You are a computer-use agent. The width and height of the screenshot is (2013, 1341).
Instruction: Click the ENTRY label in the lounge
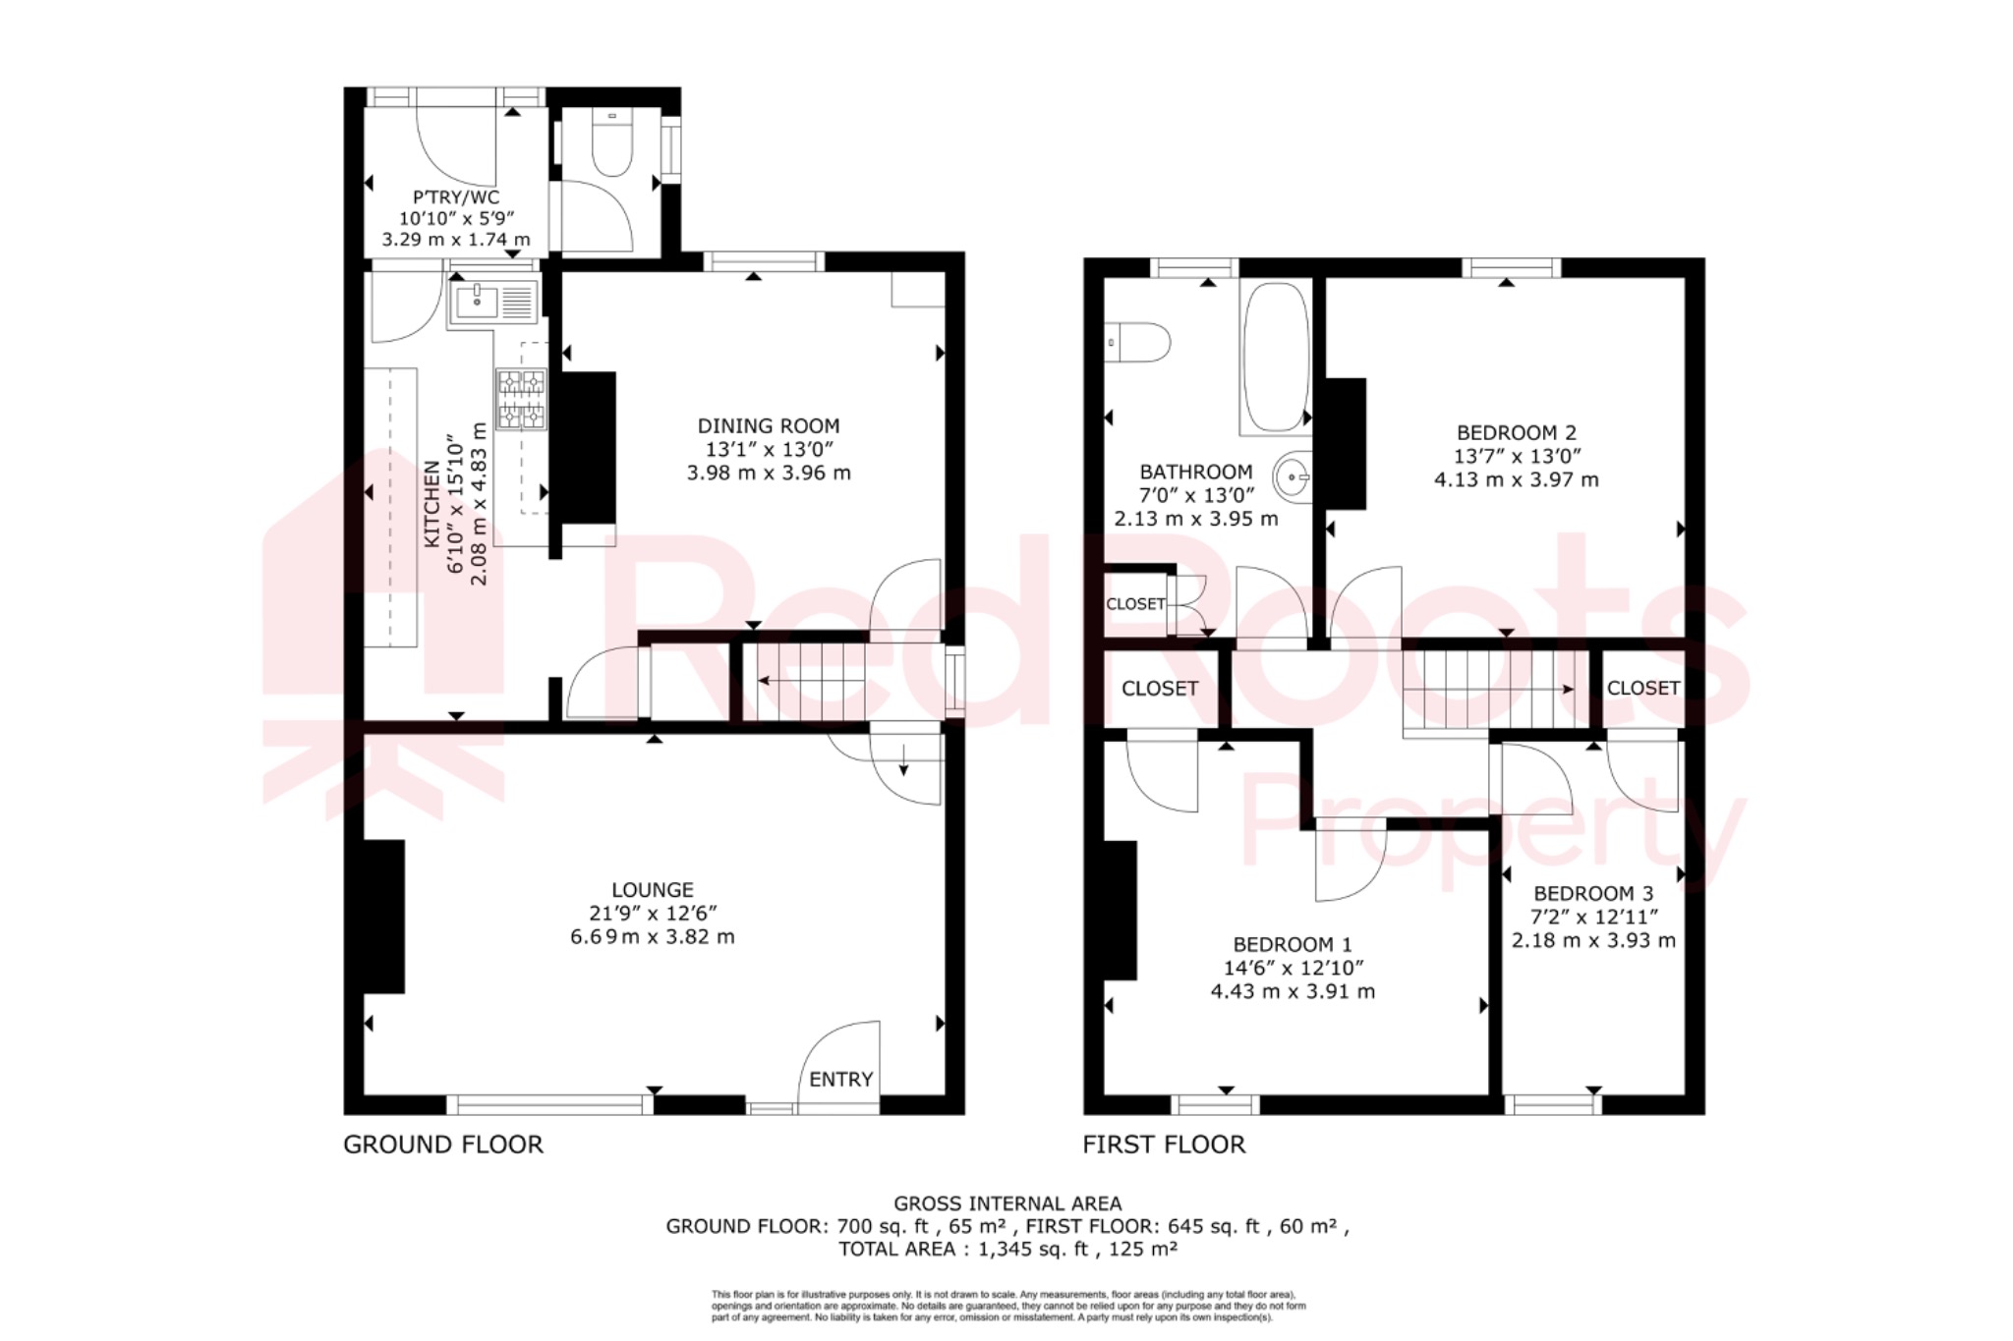(840, 1080)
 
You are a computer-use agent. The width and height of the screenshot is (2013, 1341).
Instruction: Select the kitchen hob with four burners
(521, 399)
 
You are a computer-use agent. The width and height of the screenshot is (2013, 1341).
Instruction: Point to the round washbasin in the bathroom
(1293, 478)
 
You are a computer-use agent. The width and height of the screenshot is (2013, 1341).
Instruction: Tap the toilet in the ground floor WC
(611, 147)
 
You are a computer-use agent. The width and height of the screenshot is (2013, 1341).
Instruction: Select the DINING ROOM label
(769, 426)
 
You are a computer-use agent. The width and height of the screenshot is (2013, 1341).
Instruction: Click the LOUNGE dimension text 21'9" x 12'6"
(653, 913)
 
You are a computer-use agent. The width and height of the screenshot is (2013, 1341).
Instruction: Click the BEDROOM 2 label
(1516, 432)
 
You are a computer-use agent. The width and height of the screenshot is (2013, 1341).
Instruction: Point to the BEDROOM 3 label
(1593, 894)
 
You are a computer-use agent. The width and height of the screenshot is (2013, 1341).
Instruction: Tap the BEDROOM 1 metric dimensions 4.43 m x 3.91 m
(1293, 992)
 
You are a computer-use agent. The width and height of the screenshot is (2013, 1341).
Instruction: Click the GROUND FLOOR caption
(443, 1145)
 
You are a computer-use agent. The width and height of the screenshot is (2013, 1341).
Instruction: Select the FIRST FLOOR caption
(1164, 1145)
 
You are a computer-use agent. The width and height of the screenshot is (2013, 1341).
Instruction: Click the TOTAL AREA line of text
(1007, 1250)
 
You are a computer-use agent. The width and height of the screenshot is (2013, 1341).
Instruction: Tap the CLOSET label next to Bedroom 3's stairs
(1642, 689)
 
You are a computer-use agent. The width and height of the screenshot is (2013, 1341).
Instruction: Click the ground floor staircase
(806, 681)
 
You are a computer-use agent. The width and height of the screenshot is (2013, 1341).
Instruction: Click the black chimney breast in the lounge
(384, 916)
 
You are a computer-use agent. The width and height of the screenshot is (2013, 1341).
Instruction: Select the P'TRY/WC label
(456, 197)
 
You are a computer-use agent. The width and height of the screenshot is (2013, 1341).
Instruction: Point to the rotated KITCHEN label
(431, 504)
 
